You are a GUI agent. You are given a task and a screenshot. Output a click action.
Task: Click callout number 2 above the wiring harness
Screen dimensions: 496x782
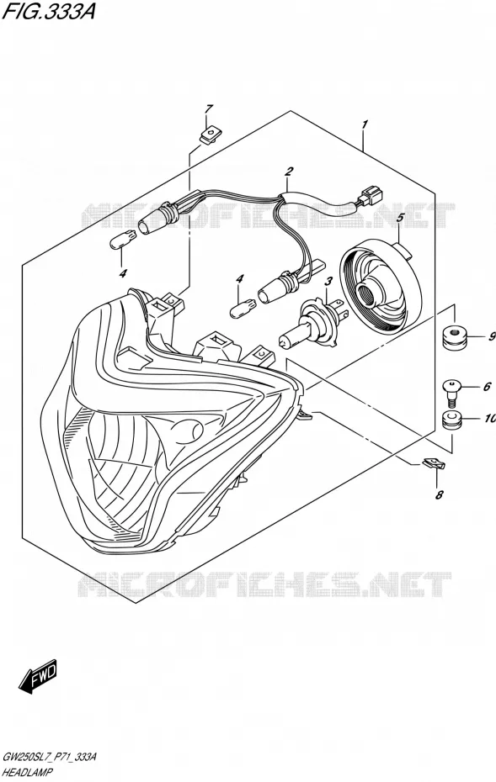pyautogui.click(x=288, y=172)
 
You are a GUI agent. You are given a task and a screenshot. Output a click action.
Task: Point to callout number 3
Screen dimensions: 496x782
pyautogui.click(x=328, y=283)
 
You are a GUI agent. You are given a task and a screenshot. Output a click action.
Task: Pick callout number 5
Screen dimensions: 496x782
pyautogui.click(x=400, y=218)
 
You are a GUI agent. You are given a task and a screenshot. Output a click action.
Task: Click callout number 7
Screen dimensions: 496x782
pyautogui.click(x=209, y=108)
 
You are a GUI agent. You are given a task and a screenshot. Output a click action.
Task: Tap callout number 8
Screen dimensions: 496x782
pyautogui.click(x=439, y=494)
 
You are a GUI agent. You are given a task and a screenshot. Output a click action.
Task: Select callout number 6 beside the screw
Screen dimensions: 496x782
pyautogui.click(x=487, y=387)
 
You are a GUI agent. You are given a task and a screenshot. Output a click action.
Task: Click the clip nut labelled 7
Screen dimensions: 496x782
pyautogui.click(x=211, y=135)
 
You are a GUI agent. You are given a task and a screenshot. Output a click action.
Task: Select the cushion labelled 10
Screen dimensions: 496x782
pyautogui.click(x=452, y=420)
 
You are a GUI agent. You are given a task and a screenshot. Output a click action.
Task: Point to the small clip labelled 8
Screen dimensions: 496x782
pyautogui.click(x=434, y=464)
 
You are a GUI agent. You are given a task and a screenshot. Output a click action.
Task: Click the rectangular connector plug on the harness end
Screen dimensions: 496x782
pyautogui.click(x=371, y=194)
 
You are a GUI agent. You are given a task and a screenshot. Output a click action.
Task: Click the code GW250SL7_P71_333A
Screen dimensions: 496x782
pyautogui.click(x=50, y=758)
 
